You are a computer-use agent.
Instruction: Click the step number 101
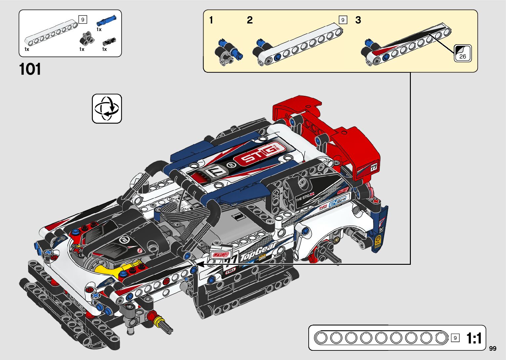tap(30, 69)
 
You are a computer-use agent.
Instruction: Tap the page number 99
tap(492, 348)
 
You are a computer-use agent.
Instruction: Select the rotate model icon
tap(107, 108)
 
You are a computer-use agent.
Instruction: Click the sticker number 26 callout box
tap(462, 53)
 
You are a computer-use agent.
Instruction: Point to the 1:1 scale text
tap(474, 338)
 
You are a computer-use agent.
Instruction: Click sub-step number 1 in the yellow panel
tap(211, 20)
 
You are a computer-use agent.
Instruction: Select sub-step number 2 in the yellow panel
tap(250, 20)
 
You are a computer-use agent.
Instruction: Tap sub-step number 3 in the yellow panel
tap(358, 20)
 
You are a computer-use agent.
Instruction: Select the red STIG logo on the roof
tap(259, 154)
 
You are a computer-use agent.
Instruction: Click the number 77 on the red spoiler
tap(373, 167)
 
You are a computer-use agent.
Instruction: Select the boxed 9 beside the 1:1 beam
tap(455, 338)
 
